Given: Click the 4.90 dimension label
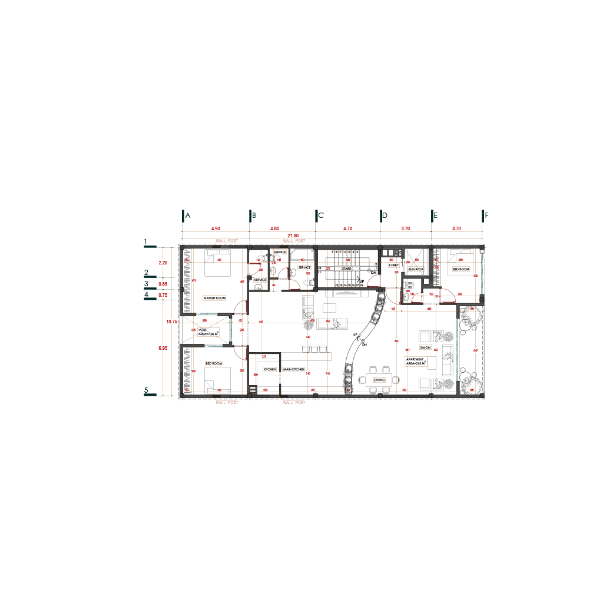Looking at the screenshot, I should point(216,228).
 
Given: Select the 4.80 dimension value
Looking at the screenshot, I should point(274,228).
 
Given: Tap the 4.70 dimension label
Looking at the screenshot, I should point(347,228).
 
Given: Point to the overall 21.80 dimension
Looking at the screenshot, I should point(293,236).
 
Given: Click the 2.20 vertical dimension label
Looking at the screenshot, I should point(163,263).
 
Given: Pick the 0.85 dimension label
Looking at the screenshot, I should point(163,284).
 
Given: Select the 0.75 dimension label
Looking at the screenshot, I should point(163,294).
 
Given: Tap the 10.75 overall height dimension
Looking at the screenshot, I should point(171,322).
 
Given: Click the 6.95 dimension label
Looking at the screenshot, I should point(163,348).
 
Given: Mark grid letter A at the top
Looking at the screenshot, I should point(188,216).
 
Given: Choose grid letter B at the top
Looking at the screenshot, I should point(254,216).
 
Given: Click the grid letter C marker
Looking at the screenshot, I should point(321,216).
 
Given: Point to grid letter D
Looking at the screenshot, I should point(385,216).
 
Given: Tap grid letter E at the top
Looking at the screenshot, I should point(436,216).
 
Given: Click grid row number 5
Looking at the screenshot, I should point(146,390).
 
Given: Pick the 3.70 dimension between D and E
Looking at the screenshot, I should point(405,228).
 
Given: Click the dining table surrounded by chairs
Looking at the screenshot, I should point(379,380).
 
